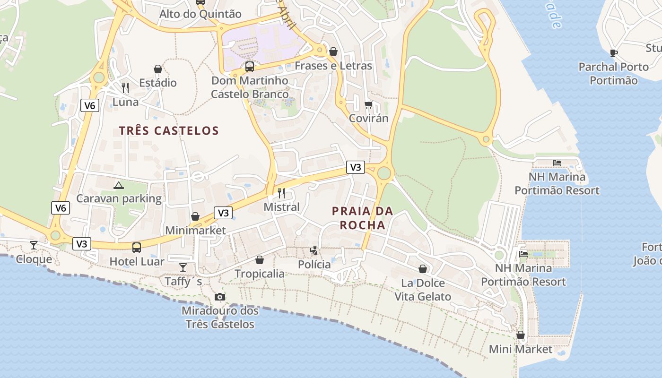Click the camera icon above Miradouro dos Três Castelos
pyautogui.click(x=220, y=297)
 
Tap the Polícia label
pyautogui.click(x=314, y=265)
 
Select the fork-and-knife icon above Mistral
pyautogui.click(x=281, y=193)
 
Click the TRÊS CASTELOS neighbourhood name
pyautogui.click(x=169, y=131)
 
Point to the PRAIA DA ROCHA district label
pyautogui.click(x=363, y=218)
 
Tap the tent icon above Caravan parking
pyautogui.click(x=118, y=185)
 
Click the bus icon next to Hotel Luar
pyautogui.click(x=137, y=247)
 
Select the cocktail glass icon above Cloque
pyautogui.click(x=34, y=245)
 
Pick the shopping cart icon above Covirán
pyautogui.click(x=368, y=104)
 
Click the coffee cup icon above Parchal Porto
pyautogui.click(x=614, y=52)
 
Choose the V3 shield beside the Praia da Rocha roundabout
pyautogui.click(x=356, y=167)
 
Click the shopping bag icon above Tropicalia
pyautogui.click(x=260, y=260)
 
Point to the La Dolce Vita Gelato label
pyautogui.click(x=423, y=290)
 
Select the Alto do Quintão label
pyautogui.click(x=200, y=14)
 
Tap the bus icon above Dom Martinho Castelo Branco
pyautogui.click(x=249, y=67)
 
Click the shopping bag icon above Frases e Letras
pyautogui.click(x=333, y=52)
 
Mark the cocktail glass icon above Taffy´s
pyautogui.click(x=183, y=267)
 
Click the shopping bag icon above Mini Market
pyautogui.click(x=521, y=335)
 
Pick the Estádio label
pyautogui.click(x=158, y=83)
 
